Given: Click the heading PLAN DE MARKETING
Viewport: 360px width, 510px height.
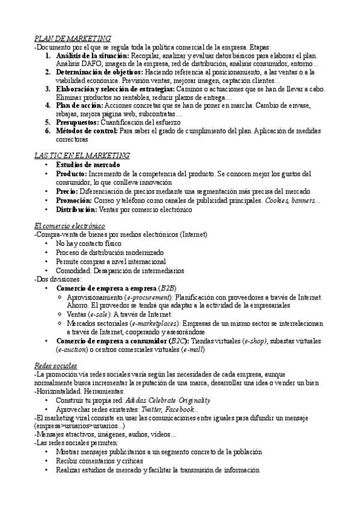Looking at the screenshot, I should tap(73, 38).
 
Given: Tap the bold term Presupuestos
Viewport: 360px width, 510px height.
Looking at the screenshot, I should tap(76, 121).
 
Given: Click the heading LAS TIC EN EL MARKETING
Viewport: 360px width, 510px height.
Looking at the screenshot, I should tap(82, 155).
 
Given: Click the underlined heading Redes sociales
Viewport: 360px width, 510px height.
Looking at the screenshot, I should tap(56, 365).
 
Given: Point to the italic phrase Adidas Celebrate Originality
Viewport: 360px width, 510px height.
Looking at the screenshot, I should tap(168, 400).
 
